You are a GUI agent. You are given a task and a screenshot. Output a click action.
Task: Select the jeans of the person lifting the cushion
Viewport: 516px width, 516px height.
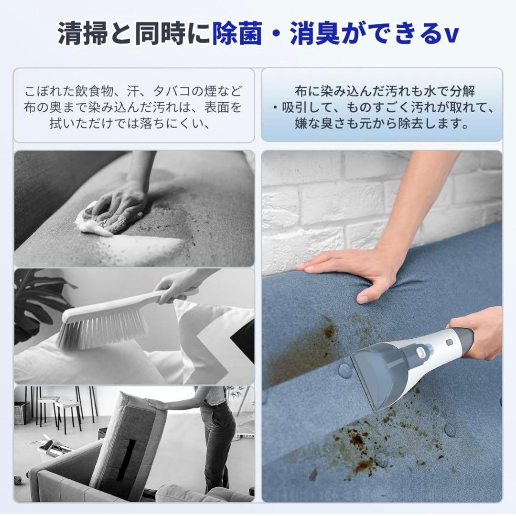click(217, 444)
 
